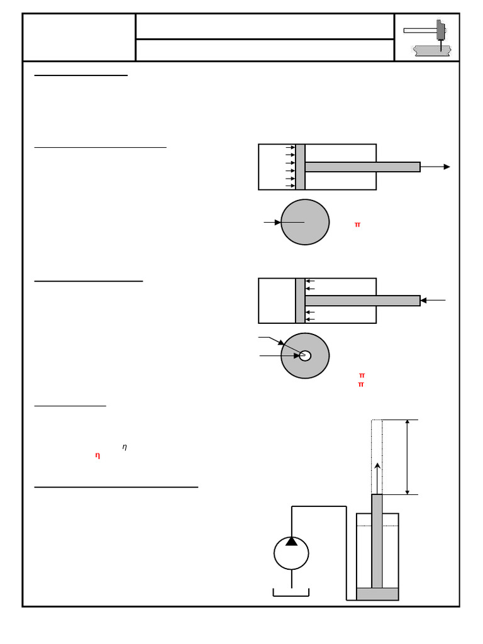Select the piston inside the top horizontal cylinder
(301, 167)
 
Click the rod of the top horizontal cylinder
(362, 167)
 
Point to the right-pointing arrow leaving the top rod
(436, 167)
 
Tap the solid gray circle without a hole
(305, 222)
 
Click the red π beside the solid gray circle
(357, 225)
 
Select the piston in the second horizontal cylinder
(300, 301)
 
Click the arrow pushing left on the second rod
(433, 301)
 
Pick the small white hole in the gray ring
(305, 356)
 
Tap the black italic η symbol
(125, 447)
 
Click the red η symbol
(97, 455)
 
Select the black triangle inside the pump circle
(291, 541)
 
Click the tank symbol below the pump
(291, 592)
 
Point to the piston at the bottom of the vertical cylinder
(377, 594)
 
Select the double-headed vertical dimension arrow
(408, 457)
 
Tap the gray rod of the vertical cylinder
(377, 541)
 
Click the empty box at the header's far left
(79, 37)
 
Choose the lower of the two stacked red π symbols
(361, 384)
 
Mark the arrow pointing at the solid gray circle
(272, 222)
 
